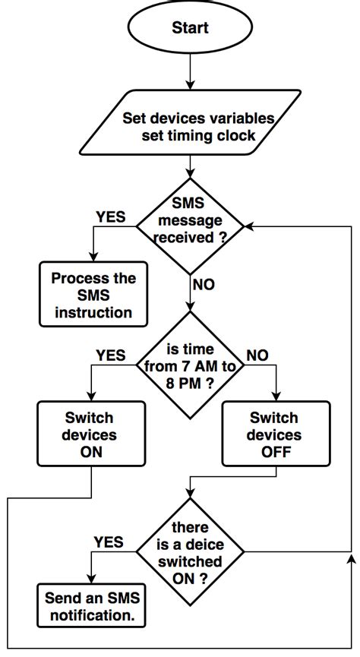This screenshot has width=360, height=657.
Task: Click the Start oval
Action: click(x=190, y=29)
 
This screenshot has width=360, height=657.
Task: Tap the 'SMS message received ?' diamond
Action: click(x=190, y=226)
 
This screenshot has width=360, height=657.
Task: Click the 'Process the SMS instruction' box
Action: click(x=93, y=295)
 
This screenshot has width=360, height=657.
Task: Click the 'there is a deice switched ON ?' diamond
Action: click(x=190, y=552)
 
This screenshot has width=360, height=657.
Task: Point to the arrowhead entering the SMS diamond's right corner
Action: click(x=248, y=226)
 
